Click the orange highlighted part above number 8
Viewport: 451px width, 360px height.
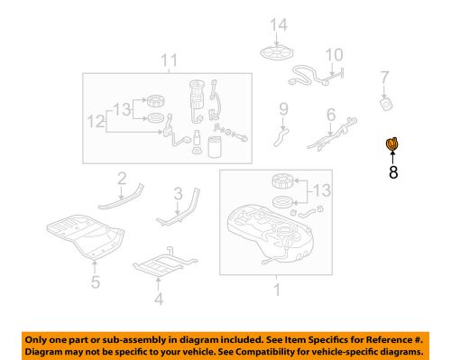[x=393, y=143]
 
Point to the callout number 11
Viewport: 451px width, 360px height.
[x=165, y=61]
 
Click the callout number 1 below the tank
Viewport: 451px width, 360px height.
[x=278, y=290]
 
